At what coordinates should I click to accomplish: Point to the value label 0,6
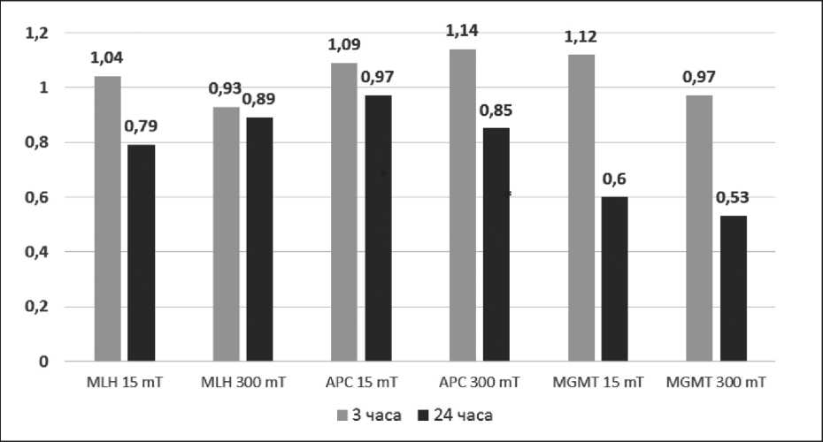614,179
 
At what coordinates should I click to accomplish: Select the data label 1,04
108,59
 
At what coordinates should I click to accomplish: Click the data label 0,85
496,111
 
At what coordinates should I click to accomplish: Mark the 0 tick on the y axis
42,362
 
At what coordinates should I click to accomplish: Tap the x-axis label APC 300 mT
479,384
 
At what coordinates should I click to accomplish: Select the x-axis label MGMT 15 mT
598,384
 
